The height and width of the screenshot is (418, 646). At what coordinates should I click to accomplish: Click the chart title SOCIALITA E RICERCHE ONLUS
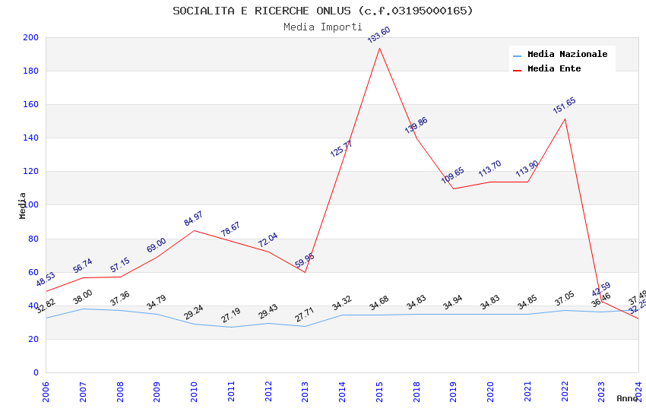322,11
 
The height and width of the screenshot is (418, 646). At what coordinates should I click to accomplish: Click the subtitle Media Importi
322,27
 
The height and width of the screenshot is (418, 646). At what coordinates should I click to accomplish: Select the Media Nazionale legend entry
567,55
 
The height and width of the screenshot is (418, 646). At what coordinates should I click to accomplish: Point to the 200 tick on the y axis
31,37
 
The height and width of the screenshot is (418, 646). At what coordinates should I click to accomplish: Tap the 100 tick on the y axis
31,205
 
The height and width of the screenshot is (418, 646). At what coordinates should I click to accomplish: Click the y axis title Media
23,205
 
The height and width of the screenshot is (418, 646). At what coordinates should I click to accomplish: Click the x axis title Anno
627,398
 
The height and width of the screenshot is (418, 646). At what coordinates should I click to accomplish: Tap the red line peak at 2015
379,48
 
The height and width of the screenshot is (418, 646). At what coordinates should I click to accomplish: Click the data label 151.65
564,105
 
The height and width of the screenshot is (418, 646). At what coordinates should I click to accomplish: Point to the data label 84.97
194,219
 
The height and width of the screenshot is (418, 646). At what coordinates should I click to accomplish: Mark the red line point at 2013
305,272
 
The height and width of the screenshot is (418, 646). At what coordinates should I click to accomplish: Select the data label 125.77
341,148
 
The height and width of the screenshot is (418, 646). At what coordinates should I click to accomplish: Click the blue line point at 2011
231,327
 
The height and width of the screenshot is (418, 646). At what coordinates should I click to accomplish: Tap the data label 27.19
231,315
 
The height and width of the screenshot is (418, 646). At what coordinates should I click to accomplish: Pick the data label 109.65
453,175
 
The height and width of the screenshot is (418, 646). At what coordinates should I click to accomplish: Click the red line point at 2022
565,119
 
